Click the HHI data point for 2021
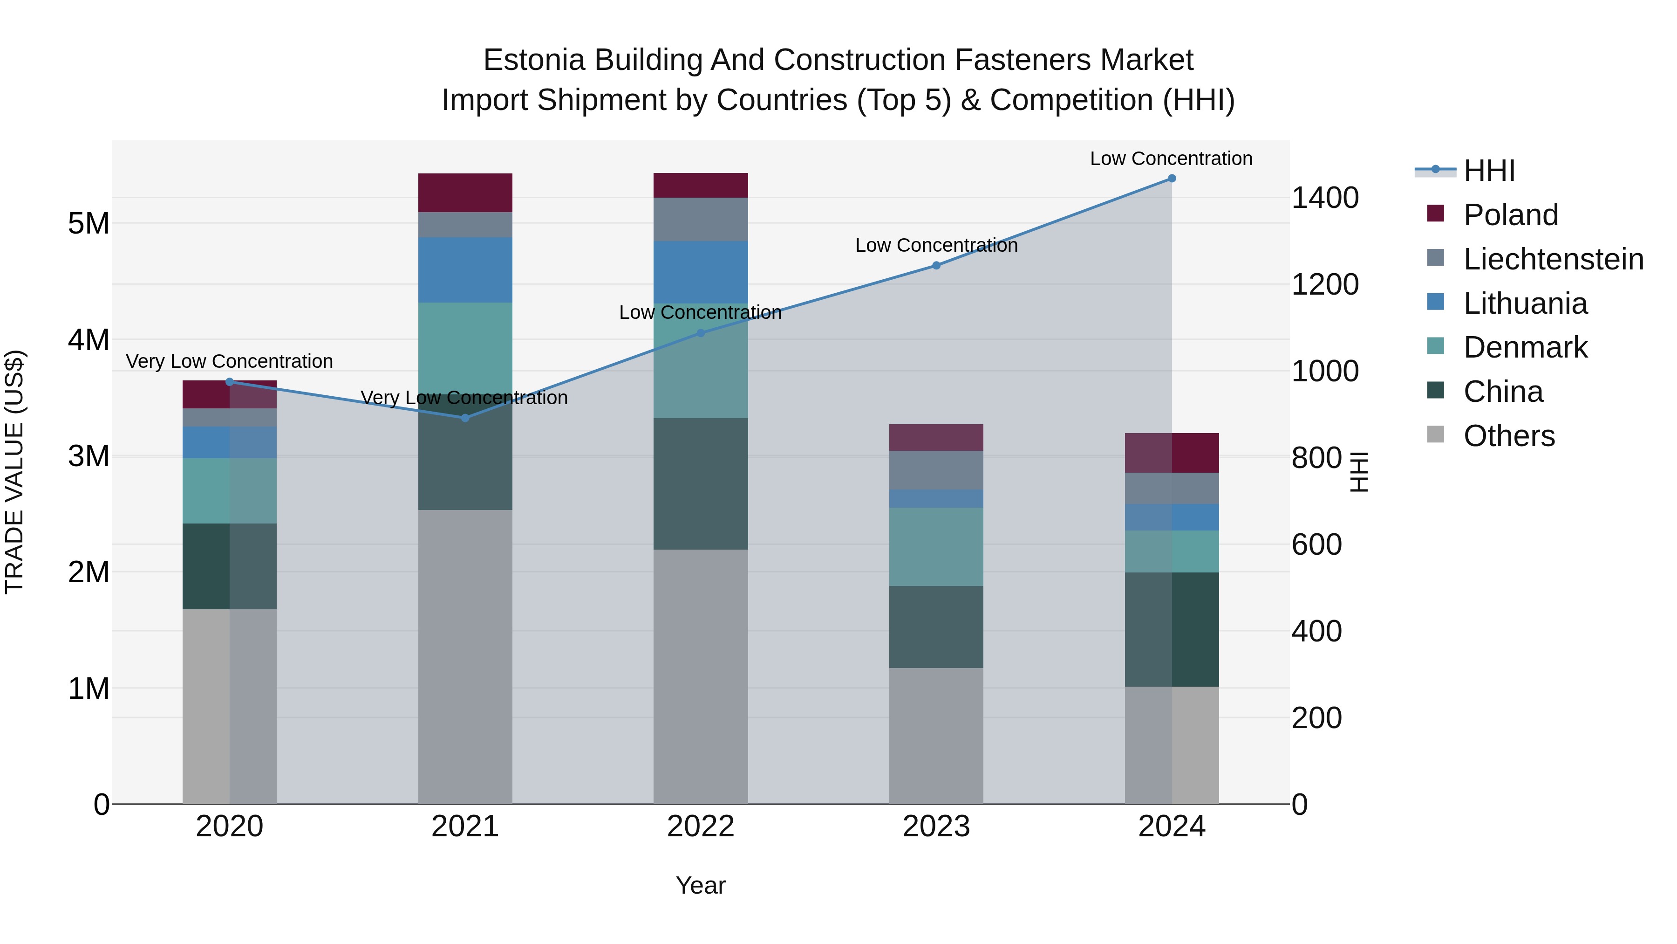[465, 418]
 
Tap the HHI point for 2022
[701, 333]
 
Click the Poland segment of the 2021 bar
[465, 193]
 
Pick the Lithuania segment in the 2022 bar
[701, 272]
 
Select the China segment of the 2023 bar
[936, 627]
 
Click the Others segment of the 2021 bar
[465, 657]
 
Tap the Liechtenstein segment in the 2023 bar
[936, 470]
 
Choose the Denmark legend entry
[1525, 347]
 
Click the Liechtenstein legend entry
[1553, 259]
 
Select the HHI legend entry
[1489, 171]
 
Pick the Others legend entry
[1508, 436]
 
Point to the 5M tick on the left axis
[89, 223]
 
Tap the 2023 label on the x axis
[936, 827]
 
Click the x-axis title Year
[701, 885]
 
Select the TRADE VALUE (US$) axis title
[15, 472]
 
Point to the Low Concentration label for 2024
[1171, 158]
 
